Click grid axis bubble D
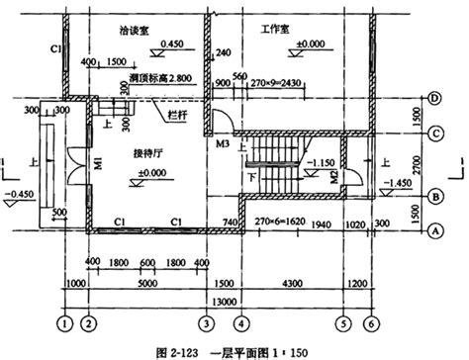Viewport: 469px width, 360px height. (433, 97)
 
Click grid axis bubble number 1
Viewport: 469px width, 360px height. (64, 322)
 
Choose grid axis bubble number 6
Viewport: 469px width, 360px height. (369, 322)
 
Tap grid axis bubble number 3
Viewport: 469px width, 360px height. (205, 322)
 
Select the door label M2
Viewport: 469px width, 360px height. (334, 176)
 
